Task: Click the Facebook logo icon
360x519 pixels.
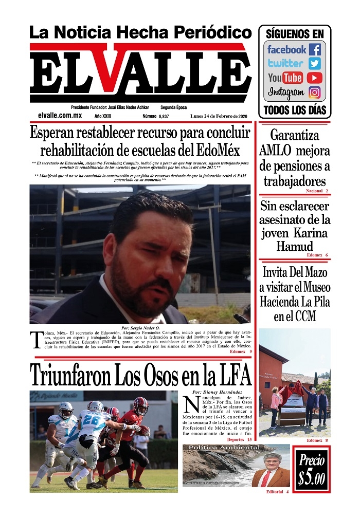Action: click(x=315, y=50)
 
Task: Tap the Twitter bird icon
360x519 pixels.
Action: click(x=315, y=64)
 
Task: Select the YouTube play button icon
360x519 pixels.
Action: click(x=315, y=78)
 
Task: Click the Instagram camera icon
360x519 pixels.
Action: click(x=315, y=92)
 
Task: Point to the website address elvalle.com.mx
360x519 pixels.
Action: click(x=60, y=116)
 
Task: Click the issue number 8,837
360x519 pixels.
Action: click(x=164, y=117)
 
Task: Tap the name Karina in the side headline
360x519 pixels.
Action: click(x=311, y=233)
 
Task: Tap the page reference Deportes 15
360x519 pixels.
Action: click(x=239, y=440)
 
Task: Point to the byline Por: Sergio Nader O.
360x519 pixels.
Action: click(x=140, y=328)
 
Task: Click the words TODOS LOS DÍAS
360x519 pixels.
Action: click(x=295, y=110)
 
